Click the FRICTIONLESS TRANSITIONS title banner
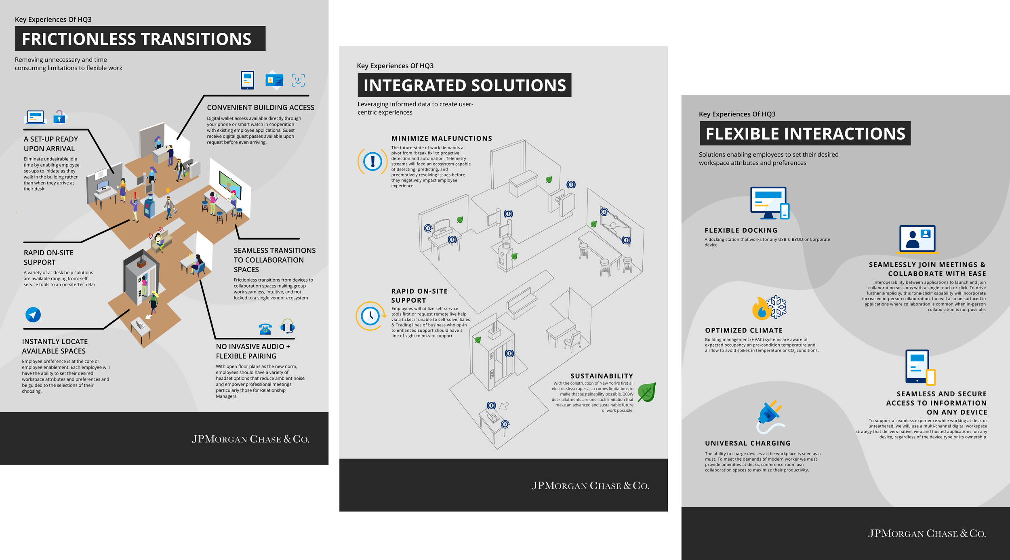140,39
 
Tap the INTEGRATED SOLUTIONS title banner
464,85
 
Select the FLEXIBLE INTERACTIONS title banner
805,133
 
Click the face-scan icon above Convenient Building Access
298,80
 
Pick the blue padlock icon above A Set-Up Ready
59,117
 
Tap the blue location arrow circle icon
33,314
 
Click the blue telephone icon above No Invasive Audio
265,328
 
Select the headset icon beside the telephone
287,326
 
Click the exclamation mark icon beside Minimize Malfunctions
372,161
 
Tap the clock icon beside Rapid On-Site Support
370,316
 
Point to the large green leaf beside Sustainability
647,392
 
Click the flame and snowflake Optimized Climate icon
769,308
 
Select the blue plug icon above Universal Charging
770,416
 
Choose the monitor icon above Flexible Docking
769,203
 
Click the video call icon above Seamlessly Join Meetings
917,239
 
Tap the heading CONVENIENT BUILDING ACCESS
261,107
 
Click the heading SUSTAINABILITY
602,376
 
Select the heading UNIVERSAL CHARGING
748,443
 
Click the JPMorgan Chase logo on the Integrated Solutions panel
590,486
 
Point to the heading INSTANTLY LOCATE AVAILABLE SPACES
55,346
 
